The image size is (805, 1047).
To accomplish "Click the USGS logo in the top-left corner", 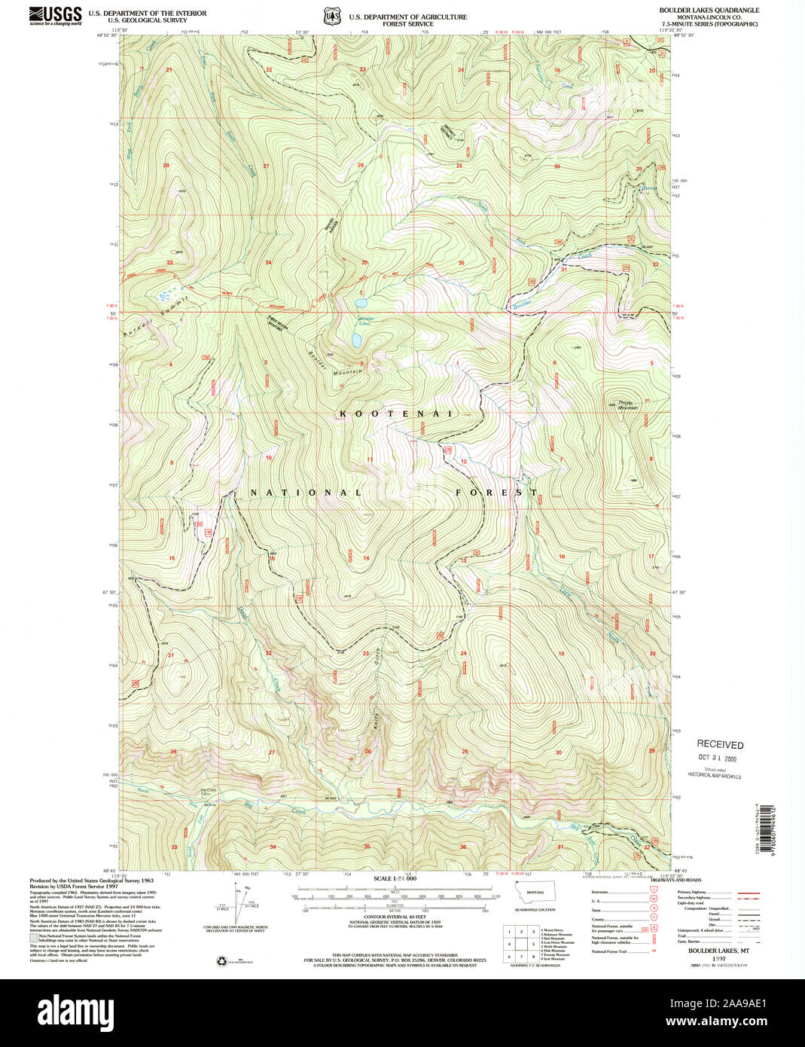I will click(x=56, y=15).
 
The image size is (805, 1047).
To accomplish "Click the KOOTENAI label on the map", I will click(x=396, y=414).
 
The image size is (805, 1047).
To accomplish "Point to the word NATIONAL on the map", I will click(x=306, y=493).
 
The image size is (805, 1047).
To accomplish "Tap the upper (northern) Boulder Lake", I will click(x=361, y=303).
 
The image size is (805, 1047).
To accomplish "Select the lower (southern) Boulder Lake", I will click(x=355, y=340).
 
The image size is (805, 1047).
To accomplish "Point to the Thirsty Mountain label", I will click(x=627, y=404).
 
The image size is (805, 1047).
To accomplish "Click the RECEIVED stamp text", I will click(x=719, y=744).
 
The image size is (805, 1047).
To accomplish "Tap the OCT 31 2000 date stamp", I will click(x=718, y=759).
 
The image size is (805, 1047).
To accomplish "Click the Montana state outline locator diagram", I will click(x=535, y=893).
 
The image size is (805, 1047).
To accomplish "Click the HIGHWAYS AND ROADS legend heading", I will click(x=675, y=880).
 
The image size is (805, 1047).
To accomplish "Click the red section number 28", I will click(x=166, y=165).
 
